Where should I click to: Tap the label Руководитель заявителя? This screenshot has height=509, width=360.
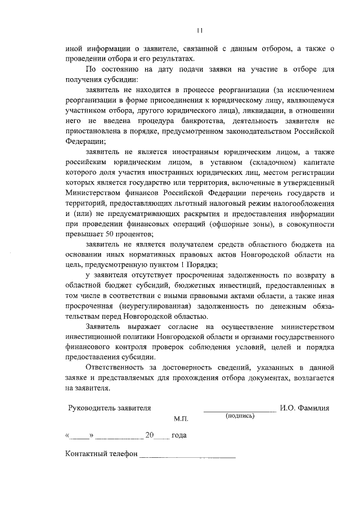(x=109, y=408)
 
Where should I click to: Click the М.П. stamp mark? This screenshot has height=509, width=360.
(x=182, y=420)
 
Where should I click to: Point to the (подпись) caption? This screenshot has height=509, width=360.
(x=240, y=416)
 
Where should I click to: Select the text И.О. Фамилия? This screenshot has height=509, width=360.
(x=304, y=408)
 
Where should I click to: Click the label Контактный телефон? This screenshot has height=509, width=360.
(x=101, y=454)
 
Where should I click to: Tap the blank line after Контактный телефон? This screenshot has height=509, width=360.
(x=187, y=456)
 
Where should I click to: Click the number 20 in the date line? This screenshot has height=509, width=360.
(x=150, y=435)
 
